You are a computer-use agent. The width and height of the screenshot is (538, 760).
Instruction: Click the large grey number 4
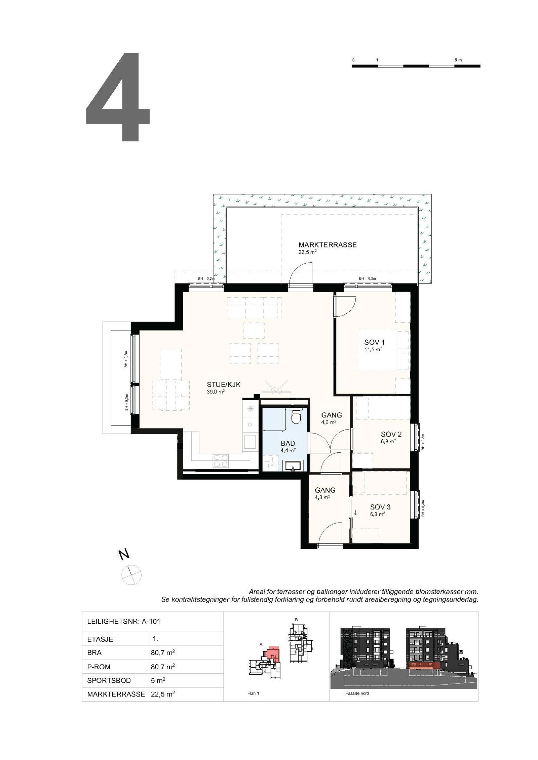tap(118, 97)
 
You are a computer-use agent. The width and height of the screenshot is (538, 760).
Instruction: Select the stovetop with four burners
tap(221, 460)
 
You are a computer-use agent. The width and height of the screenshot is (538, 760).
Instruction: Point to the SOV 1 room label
tap(374, 343)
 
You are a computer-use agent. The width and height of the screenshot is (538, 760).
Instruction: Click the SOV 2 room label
tap(391, 434)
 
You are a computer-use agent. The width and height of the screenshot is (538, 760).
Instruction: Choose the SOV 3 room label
tap(380, 507)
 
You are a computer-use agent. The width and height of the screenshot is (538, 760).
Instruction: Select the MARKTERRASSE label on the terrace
tap(327, 245)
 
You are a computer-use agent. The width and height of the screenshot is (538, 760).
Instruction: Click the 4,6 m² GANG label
tap(331, 415)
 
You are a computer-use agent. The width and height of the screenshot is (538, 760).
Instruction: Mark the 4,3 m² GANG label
tap(325, 490)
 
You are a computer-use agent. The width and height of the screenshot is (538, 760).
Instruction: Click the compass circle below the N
tap(131, 575)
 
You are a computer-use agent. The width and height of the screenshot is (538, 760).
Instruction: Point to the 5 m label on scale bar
tap(458, 60)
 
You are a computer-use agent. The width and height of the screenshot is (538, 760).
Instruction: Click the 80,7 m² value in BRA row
tap(163, 653)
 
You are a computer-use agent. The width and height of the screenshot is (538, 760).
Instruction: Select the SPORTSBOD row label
tap(109, 681)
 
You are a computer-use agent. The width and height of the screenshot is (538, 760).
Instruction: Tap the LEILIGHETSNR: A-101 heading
tap(124, 621)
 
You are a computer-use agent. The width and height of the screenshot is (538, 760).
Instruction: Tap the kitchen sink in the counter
tap(250, 442)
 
